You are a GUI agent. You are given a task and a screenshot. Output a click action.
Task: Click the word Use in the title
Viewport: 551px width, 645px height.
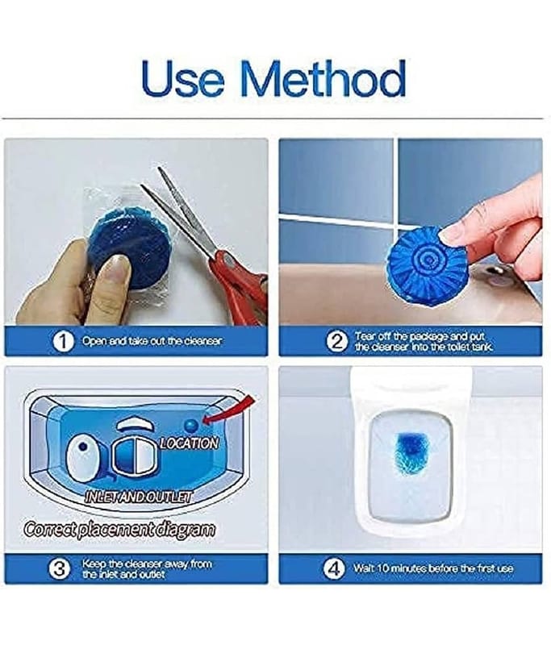(183, 79)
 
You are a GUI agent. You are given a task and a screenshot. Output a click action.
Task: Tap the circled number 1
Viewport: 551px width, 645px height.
(64, 341)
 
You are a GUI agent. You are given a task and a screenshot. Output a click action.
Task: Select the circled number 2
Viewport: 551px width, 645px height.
(337, 341)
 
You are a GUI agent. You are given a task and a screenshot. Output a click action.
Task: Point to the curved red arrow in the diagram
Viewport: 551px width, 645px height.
(231, 414)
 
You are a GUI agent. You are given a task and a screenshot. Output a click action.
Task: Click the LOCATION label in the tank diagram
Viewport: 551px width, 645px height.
(189, 443)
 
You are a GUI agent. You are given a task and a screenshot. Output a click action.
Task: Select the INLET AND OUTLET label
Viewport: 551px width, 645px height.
(138, 497)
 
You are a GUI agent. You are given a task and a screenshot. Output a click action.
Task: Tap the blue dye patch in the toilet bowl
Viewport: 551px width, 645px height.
(412, 452)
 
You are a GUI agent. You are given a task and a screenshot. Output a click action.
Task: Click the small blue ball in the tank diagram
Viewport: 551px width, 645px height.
(191, 426)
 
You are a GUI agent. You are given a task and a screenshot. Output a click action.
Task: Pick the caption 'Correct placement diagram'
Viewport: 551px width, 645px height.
(119, 529)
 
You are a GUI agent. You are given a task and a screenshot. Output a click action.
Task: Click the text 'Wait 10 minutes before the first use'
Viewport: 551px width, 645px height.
(433, 568)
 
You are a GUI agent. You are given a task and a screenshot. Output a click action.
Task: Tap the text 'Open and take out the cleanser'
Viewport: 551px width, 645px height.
(152, 341)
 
